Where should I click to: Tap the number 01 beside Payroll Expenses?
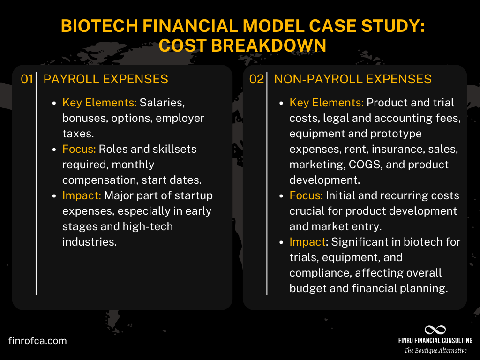tap(26, 79)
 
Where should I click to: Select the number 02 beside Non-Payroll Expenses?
tap(256, 79)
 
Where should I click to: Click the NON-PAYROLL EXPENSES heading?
tap(353, 79)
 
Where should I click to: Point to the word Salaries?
tap(159, 103)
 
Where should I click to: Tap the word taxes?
tap(78, 134)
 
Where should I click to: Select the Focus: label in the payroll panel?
tap(78, 149)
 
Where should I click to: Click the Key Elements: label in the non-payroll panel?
tap(326, 103)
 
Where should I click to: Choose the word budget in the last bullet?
tap(309, 288)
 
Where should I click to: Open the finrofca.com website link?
tap(37, 341)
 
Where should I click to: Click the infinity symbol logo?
tap(435, 330)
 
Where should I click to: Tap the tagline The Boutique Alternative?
tap(435, 351)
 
